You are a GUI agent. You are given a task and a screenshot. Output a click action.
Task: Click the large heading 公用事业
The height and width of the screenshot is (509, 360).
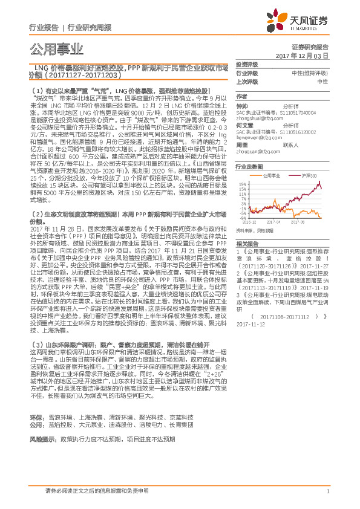[55, 48]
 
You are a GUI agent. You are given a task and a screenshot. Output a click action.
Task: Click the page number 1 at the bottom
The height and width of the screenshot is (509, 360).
[327, 490]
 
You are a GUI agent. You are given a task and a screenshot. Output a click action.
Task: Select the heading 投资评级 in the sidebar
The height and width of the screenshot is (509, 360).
[246, 64]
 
